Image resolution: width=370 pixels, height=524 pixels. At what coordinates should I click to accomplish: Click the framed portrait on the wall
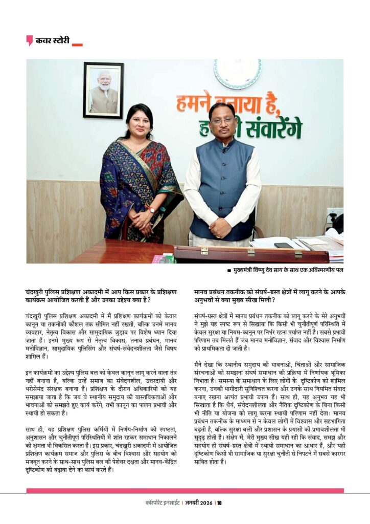[x=103, y=90]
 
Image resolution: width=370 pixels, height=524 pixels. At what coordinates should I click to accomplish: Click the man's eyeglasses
[x=222, y=120]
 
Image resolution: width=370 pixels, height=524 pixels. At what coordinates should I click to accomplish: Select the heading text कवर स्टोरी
[x=52, y=40]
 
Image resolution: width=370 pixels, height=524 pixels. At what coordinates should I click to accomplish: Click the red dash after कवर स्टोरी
[x=77, y=45]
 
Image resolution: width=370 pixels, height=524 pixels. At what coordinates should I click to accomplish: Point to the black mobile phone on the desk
[x=283, y=245]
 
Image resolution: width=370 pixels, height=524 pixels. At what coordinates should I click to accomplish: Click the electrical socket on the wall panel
[x=335, y=213]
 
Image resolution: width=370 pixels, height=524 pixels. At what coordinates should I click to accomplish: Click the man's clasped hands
[x=221, y=228]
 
